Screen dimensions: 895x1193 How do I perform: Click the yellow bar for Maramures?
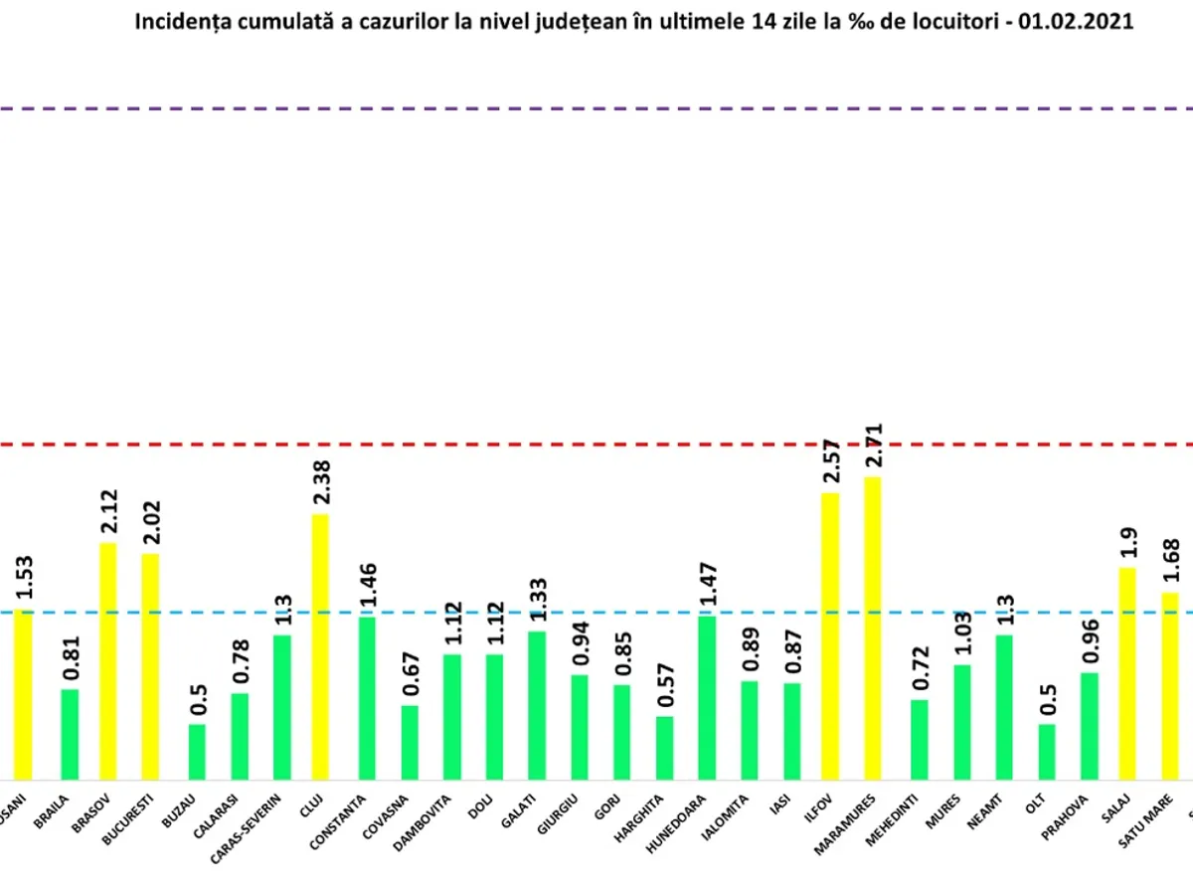pyautogui.click(x=872, y=628)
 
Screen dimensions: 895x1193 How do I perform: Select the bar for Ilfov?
pyautogui.click(x=830, y=636)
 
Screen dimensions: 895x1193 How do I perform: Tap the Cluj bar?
pyautogui.click(x=320, y=646)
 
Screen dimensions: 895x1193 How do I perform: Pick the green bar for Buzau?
pyautogui.click(x=197, y=752)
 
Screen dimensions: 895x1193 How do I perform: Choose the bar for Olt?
pyautogui.click(x=1047, y=752)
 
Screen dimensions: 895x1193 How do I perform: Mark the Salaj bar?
pyautogui.click(x=1127, y=673)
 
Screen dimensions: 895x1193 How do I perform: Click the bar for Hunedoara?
pyautogui.click(x=706, y=698)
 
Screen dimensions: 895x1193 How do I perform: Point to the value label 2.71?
pyautogui.click(x=873, y=447)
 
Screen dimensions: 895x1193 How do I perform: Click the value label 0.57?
pyautogui.click(x=663, y=685)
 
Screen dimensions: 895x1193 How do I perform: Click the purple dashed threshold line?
pyautogui.click(x=596, y=107)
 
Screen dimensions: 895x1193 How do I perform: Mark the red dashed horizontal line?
pyautogui.click(x=596, y=443)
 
